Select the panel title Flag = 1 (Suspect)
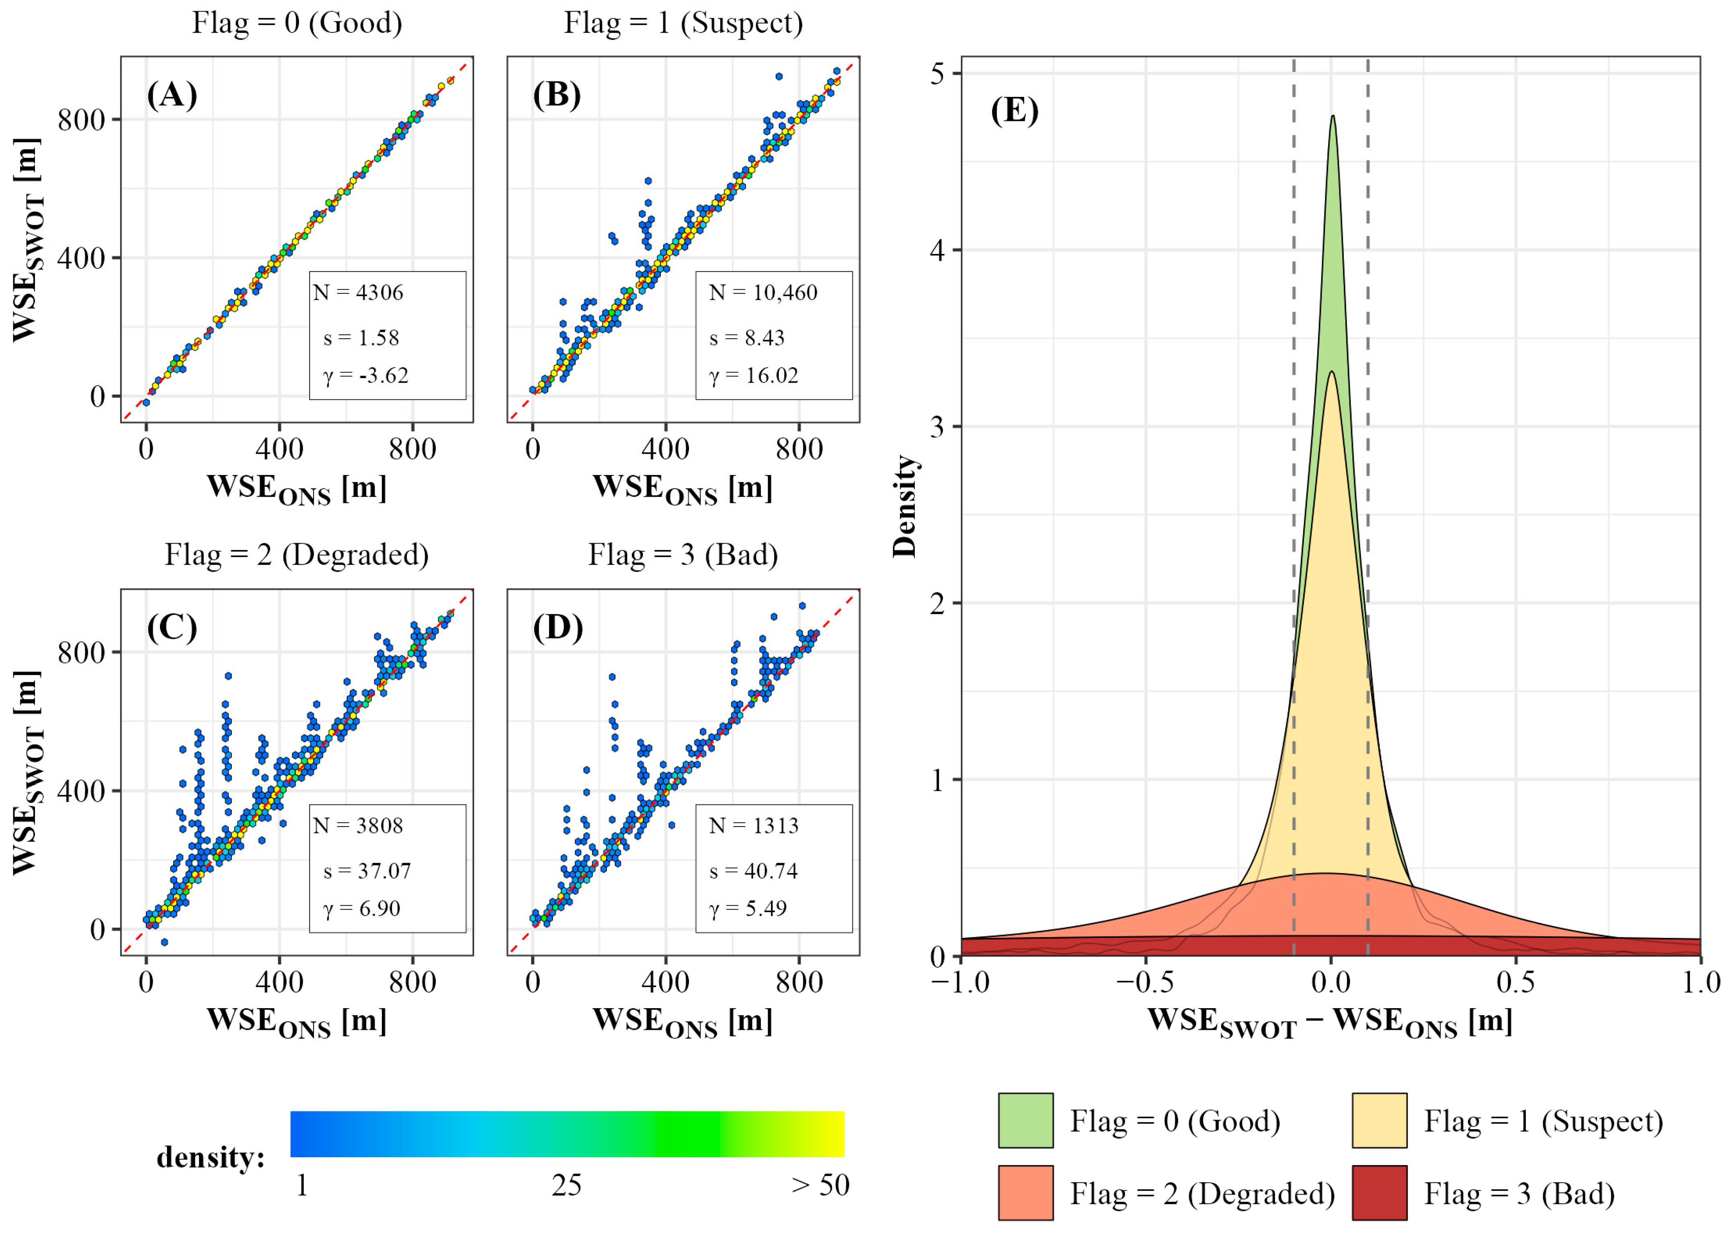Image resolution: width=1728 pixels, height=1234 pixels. [x=683, y=23]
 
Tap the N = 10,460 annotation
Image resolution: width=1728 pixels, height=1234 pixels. [x=763, y=293]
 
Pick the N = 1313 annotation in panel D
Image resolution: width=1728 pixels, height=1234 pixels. [x=754, y=825]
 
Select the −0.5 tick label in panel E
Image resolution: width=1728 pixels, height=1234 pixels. [x=1146, y=982]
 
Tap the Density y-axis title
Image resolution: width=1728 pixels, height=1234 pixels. [x=904, y=506]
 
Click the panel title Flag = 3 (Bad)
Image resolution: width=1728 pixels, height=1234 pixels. [x=683, y=555]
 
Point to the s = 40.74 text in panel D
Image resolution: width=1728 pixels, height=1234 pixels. [x=753, y=871]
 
